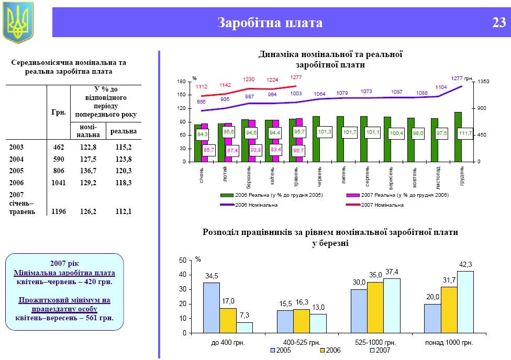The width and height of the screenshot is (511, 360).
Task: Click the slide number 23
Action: [x=498, y=23]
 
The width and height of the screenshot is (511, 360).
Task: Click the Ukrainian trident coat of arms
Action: [x=18, y=22]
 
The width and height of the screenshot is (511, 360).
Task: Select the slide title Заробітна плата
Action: [x=270, y=23]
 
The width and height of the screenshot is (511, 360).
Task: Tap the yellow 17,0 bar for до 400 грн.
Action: [x=227, y=320]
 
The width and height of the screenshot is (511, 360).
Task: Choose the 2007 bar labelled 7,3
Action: [x=243, y=327]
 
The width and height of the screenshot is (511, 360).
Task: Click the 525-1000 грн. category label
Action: [x=375, y=343]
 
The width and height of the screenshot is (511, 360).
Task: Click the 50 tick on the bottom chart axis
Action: [x=182, y=260]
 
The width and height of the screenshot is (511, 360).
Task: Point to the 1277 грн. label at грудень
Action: [x=462, y=78]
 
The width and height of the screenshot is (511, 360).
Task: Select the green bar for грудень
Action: [x=458, y=137]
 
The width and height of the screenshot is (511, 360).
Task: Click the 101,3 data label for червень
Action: [x=325, y=132]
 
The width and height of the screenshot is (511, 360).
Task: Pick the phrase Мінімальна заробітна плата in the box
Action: [x=64, y=273]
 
